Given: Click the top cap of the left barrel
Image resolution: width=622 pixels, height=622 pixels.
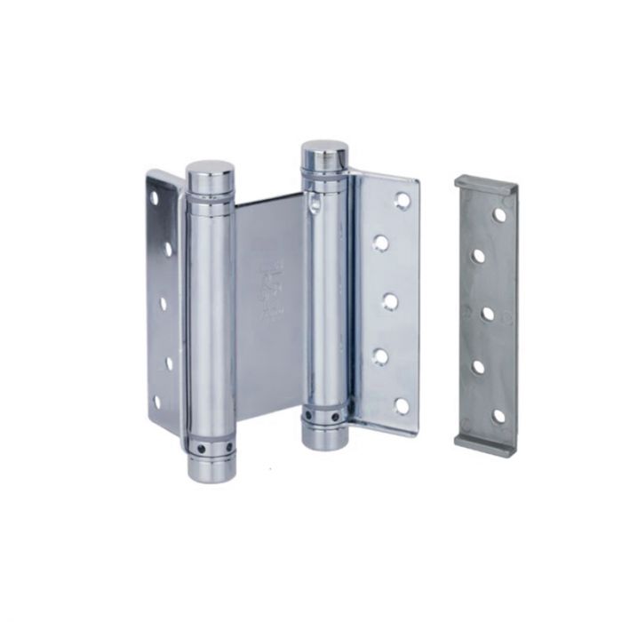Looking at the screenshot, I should pyautogui.click(x=210, y=169).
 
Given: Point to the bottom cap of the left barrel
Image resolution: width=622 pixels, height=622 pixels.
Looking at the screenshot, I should pyautogui.click(x=211, y=470).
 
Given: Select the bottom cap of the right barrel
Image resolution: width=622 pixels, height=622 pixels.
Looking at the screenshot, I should pyautogui.click(x=324, y=438).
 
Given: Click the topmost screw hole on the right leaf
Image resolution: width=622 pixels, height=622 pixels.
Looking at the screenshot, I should pyautogui.click(x=403, y=201).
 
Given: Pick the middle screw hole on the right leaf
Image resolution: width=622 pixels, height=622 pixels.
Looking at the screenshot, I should pyautogui.click(x=390, y=300).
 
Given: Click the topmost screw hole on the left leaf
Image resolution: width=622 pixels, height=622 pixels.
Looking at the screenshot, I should pyautogui.click(x=154, y=197).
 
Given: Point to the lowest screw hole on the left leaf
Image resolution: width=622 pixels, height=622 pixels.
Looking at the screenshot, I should pyautogui.click(x=156, y=403).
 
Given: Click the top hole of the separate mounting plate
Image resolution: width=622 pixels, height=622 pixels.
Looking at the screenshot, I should pyautogui.click(x=499, y=214).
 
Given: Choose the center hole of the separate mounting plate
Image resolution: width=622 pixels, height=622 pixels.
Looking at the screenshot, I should pyautogui.click(x=488, y=314).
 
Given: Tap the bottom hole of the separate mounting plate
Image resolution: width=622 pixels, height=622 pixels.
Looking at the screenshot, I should pyautogui.click(x=498, y=416).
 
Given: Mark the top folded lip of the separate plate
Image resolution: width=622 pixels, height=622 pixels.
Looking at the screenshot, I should pyautogui.click(x=486, y=184).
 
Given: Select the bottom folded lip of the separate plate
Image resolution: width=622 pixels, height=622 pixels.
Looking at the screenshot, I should pyautogui.click(x=484, y=443).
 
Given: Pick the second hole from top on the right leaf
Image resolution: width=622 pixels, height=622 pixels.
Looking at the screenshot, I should pyautogui.click(x=381, y=243).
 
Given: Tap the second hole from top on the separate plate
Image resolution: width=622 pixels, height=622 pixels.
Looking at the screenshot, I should pyautogui.click(x=479, y=256).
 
